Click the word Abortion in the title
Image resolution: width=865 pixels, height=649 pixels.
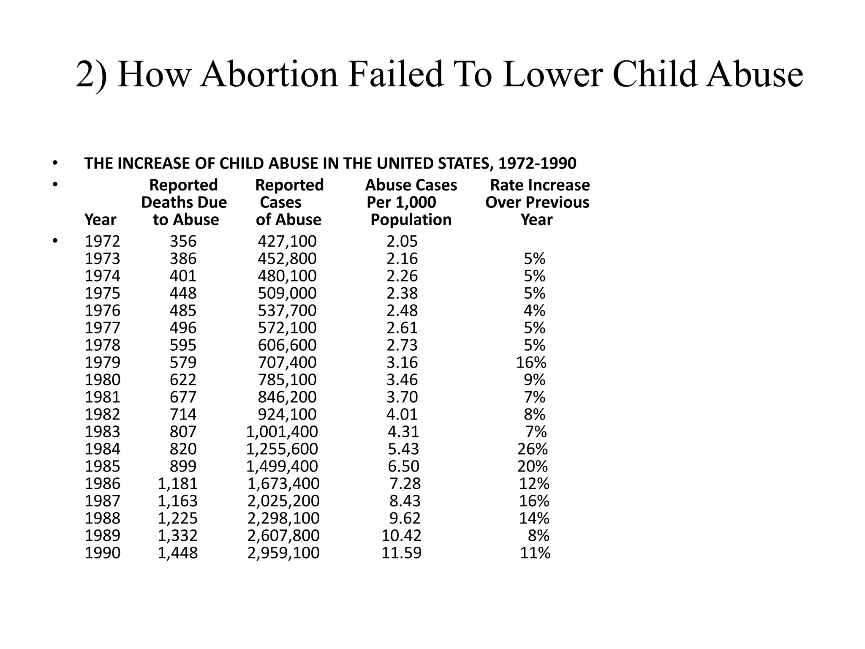pos(269,74)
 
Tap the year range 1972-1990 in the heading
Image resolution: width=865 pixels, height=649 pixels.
pos(537,164)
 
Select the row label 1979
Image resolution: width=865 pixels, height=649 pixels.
pos(103,363)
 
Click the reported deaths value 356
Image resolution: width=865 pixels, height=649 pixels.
pos(183,241)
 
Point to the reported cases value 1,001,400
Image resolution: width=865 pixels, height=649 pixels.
pos(282,431)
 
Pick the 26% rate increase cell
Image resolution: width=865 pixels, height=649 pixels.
pos(533,449)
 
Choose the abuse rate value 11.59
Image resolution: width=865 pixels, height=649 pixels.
pos(401,553)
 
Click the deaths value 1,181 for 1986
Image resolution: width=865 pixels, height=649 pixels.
pos(177,483)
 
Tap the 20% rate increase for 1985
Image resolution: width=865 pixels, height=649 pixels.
pos(533,466)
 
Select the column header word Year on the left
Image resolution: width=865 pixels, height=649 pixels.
pos(100,220)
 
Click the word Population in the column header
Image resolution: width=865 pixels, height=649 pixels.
pos(411,220)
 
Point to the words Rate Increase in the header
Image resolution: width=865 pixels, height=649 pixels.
pos(540,185)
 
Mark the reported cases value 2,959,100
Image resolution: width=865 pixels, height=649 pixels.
pos(283,553)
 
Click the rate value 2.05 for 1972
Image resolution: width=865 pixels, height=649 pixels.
pos(402,241)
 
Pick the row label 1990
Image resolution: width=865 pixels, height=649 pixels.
pos(103,553)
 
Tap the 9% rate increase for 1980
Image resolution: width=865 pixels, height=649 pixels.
pos(534,380)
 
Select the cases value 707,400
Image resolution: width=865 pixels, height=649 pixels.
pos(287,363)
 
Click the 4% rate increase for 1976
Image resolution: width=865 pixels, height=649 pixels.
pos(534,311)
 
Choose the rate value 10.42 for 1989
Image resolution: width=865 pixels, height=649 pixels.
pos(401,535)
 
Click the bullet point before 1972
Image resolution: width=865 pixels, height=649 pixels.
pos(54,241)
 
